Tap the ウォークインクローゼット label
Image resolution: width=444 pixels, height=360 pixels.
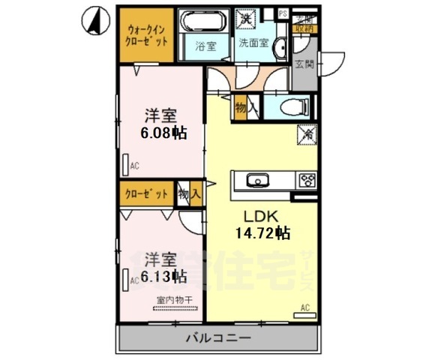click(146, 34)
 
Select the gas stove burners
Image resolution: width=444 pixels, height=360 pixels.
click(307, 180)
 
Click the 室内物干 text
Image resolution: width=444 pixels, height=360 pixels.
click(175, 300)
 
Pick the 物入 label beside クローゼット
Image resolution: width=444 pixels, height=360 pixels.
click(189, 194)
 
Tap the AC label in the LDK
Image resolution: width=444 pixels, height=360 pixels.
click(305, 307)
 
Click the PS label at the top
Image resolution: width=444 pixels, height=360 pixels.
click(283, 13)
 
